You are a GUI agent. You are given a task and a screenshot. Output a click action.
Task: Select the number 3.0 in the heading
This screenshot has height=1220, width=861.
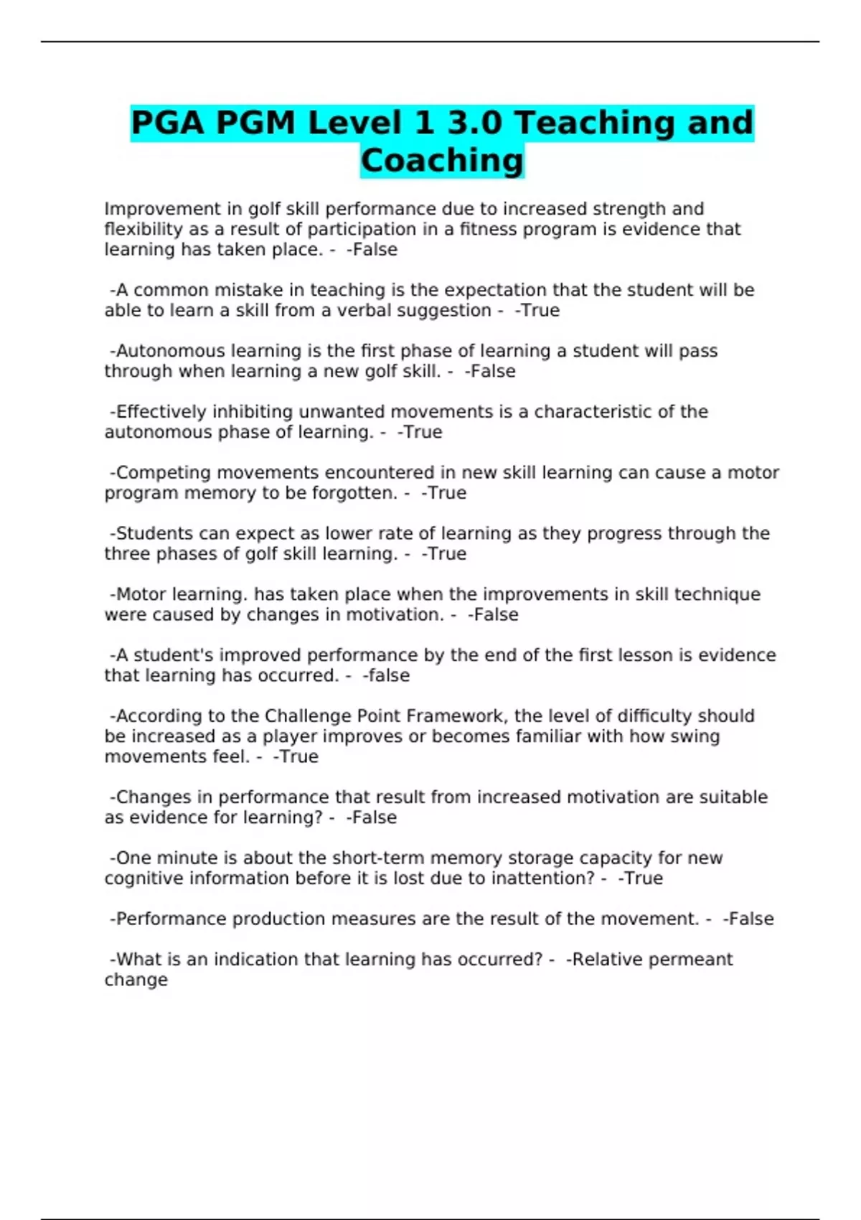coord(474,123)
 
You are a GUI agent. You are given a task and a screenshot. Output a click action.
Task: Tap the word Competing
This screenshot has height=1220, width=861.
coord(164,473)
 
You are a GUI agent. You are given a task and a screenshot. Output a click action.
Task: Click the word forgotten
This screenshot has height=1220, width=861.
coord(354,493)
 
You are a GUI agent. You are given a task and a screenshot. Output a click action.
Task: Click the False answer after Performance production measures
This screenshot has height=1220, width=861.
coord(751,919)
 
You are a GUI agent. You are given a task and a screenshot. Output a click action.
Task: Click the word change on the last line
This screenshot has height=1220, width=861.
coord(136,980)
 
